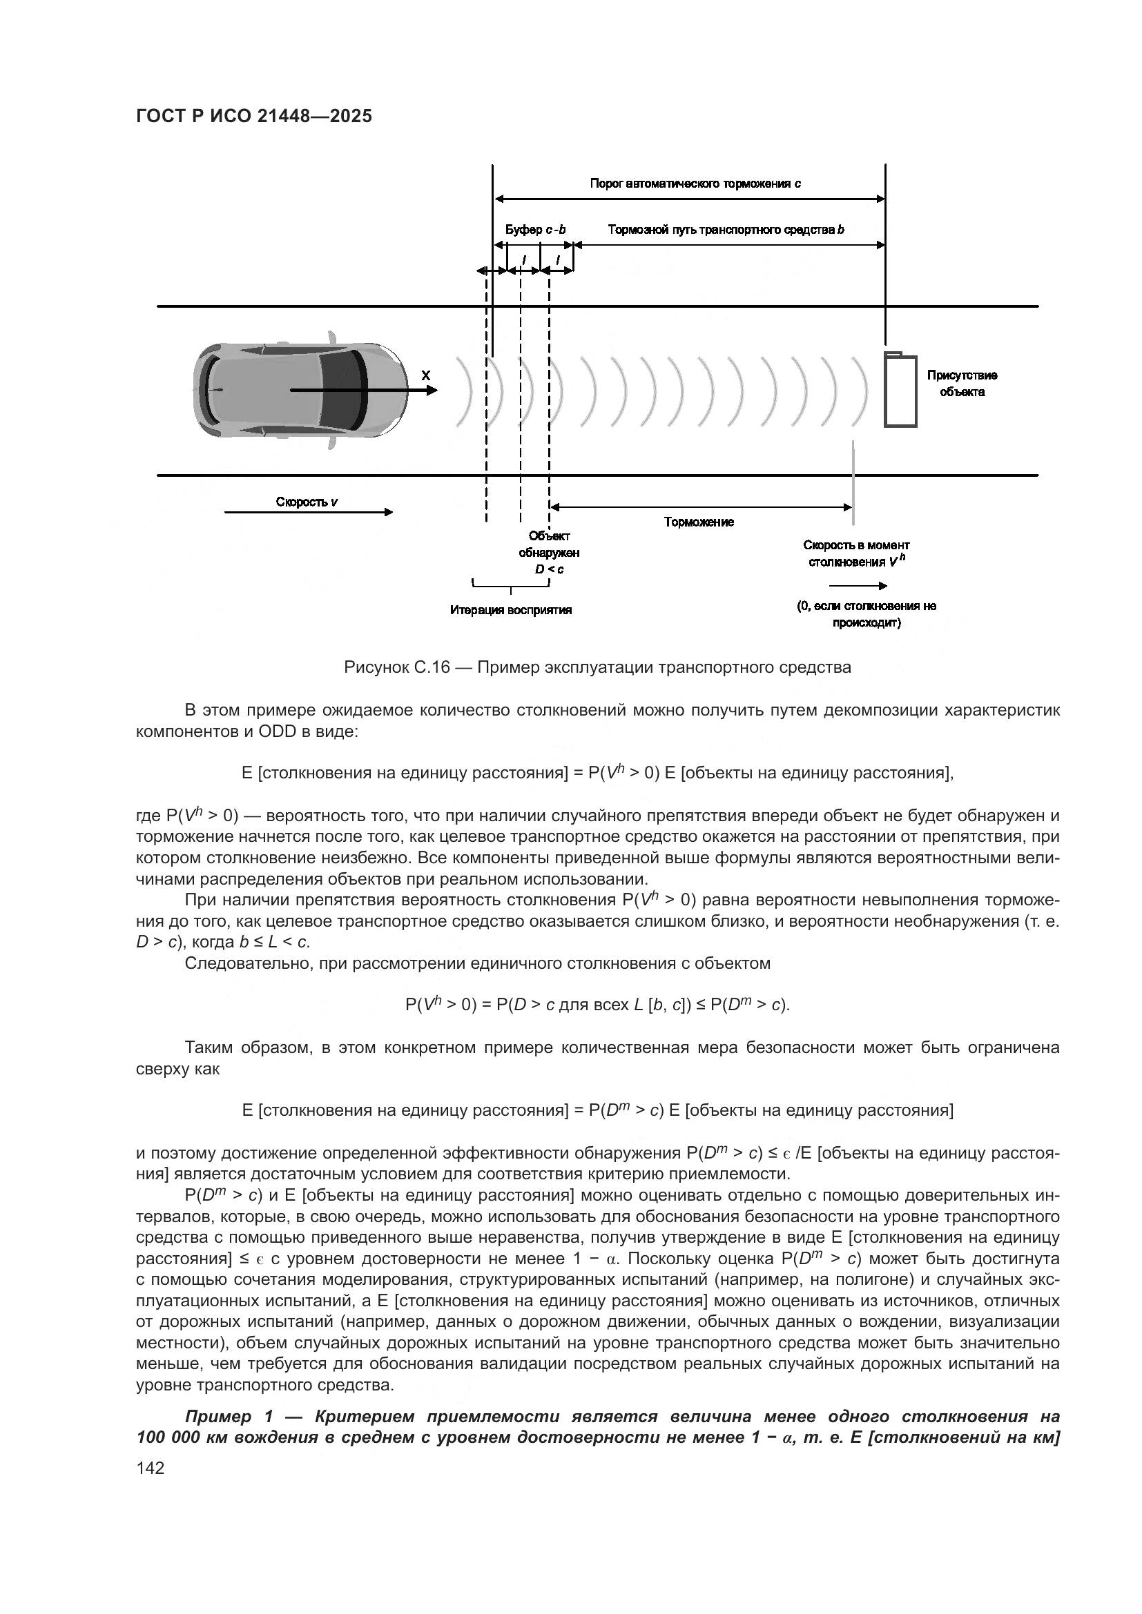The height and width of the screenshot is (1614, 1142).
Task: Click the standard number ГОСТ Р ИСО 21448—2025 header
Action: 254,117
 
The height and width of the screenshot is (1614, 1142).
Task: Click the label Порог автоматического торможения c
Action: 695,184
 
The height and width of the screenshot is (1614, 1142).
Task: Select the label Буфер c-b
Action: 535,230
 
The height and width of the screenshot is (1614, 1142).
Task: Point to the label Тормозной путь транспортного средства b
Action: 726,230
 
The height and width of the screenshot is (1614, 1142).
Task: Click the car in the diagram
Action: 300,390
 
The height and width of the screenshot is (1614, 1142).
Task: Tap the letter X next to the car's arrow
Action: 426,376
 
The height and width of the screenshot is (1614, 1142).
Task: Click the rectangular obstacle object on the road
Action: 900,390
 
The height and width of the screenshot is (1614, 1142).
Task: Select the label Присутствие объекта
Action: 961,384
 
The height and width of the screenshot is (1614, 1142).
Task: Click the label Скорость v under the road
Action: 307,502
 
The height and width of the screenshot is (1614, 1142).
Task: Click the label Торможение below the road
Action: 698,522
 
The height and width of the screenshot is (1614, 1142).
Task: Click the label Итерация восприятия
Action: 510,610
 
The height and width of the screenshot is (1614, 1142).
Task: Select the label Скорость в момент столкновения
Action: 855,553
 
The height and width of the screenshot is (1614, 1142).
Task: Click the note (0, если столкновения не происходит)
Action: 867,614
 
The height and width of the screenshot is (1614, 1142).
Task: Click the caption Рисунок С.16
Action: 597,667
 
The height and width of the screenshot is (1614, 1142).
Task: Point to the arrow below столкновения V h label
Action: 858,586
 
